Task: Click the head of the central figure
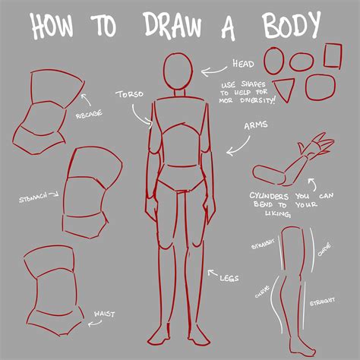tap(179, 74)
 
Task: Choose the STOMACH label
tap(32, 198)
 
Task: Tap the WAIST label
tap(104, 313)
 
